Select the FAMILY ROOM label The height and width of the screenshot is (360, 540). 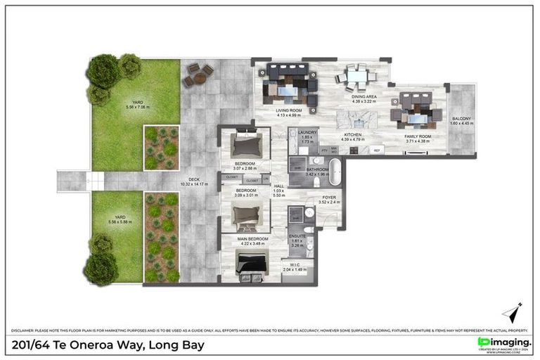click(420, 138)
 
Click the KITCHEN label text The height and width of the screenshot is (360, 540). click(352, 135)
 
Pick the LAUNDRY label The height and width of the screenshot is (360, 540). click(308, 131)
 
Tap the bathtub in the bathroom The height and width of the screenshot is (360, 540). click(336, 170)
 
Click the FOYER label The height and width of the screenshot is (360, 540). click(329, 198)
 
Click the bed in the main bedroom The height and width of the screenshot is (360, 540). click(251, 266)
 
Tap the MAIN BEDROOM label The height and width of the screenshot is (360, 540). click(251, 239)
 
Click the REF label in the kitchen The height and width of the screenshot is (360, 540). click(376, 150)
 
